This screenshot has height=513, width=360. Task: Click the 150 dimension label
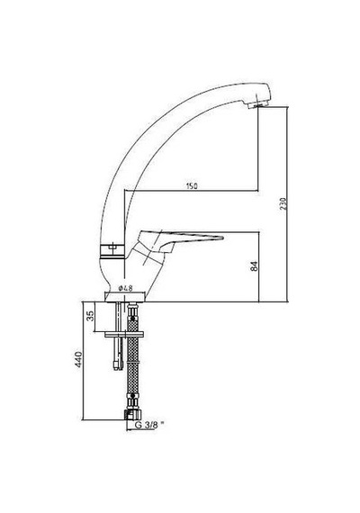[192, 186]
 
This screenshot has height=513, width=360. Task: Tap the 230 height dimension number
[283, 203]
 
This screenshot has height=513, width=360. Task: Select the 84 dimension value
[255, 266]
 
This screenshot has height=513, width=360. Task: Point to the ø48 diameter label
[125, 288]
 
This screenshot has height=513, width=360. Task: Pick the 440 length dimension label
[78, 359]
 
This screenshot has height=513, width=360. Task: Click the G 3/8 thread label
[147, 425]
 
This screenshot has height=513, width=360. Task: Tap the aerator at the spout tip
[258, 104]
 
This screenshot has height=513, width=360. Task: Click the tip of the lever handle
[222, 237]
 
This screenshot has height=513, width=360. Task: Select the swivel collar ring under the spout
[112, 251]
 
